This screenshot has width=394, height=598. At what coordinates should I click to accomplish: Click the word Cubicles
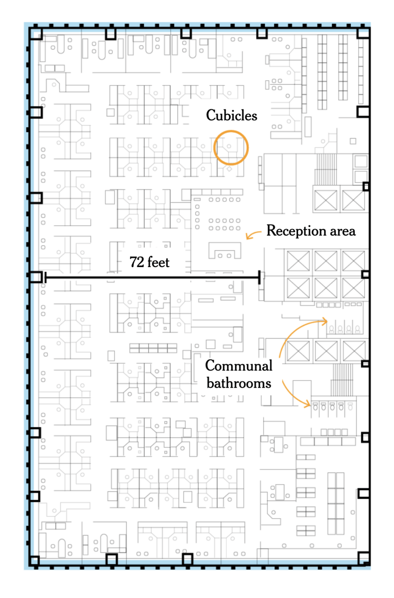tap(231, 116)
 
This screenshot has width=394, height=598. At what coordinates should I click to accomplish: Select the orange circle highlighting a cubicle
tap(231, 148)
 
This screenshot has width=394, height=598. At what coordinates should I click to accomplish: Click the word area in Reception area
tap(342, 231)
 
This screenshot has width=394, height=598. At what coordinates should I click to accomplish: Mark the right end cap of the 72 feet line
tap(260, 278)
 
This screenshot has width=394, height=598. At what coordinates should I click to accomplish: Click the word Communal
tap(238, 366)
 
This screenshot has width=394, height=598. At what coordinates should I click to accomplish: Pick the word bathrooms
tap(238, 383)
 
